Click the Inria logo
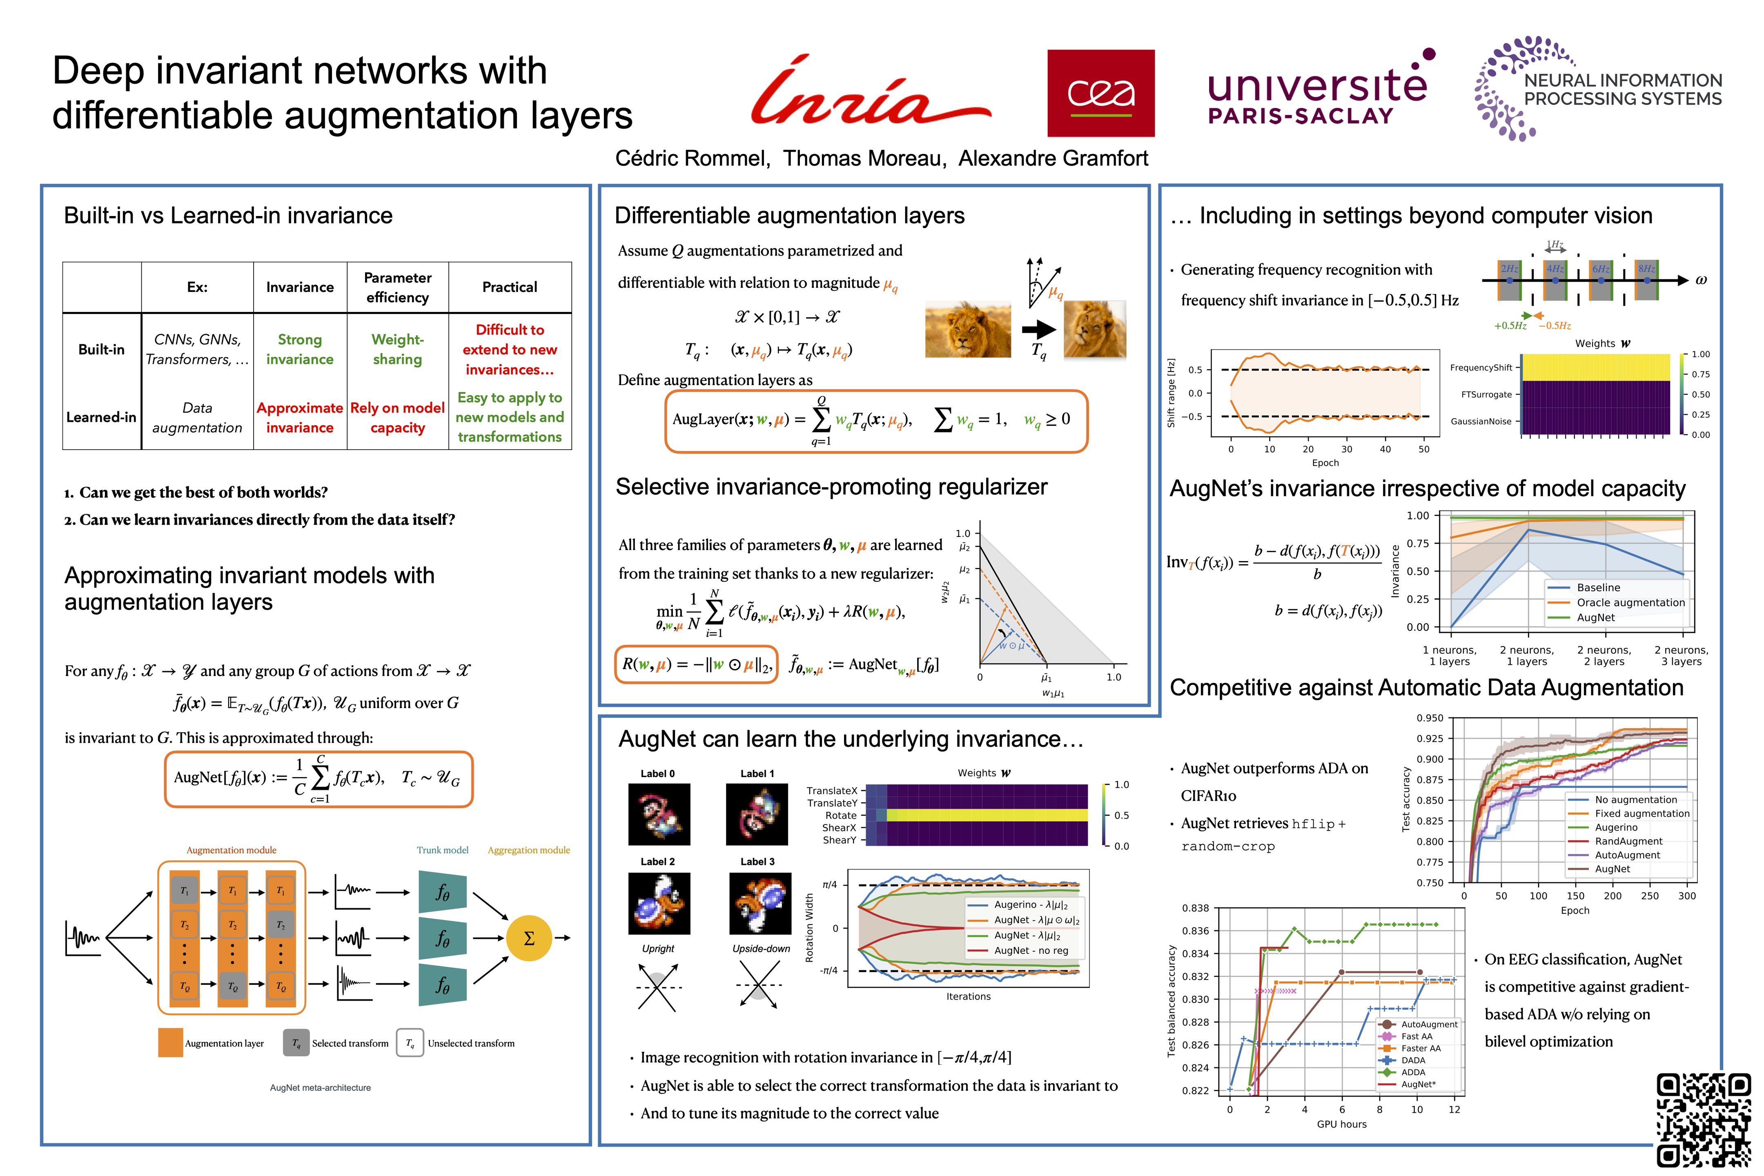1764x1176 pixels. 870,91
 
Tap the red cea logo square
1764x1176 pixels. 1100,93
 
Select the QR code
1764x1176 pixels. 1702,1119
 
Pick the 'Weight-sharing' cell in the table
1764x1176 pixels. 397,350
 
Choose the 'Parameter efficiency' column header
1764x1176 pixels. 397,287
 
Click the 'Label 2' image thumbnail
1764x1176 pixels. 659,903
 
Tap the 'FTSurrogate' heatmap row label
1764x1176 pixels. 1486,394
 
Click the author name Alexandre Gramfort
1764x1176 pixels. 1053,158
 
